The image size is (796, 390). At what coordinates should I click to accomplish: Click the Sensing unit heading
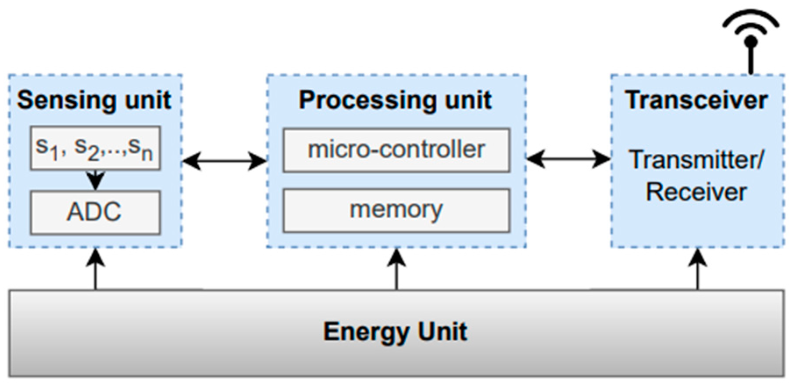click(94, 100)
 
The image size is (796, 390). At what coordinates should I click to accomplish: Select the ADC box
click(95, 212)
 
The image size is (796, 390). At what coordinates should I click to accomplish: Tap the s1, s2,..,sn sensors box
click(95, 148)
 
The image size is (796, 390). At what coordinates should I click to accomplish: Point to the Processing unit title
click(395, 100)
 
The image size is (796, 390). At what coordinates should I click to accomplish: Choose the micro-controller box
click(396, 150)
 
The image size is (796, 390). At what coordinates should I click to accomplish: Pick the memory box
click(396, 210)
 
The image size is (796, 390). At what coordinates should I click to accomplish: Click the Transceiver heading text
click(696, 100)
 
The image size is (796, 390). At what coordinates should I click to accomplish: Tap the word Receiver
click(696, 192)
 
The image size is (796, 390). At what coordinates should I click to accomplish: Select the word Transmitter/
click(696, 159)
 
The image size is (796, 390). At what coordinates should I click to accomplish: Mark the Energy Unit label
click(395, 332)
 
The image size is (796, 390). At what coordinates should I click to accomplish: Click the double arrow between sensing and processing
click(224, 161)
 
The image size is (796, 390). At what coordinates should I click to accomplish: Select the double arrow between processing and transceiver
click(568, 159)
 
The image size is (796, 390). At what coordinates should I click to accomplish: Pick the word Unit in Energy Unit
click(443, 332)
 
